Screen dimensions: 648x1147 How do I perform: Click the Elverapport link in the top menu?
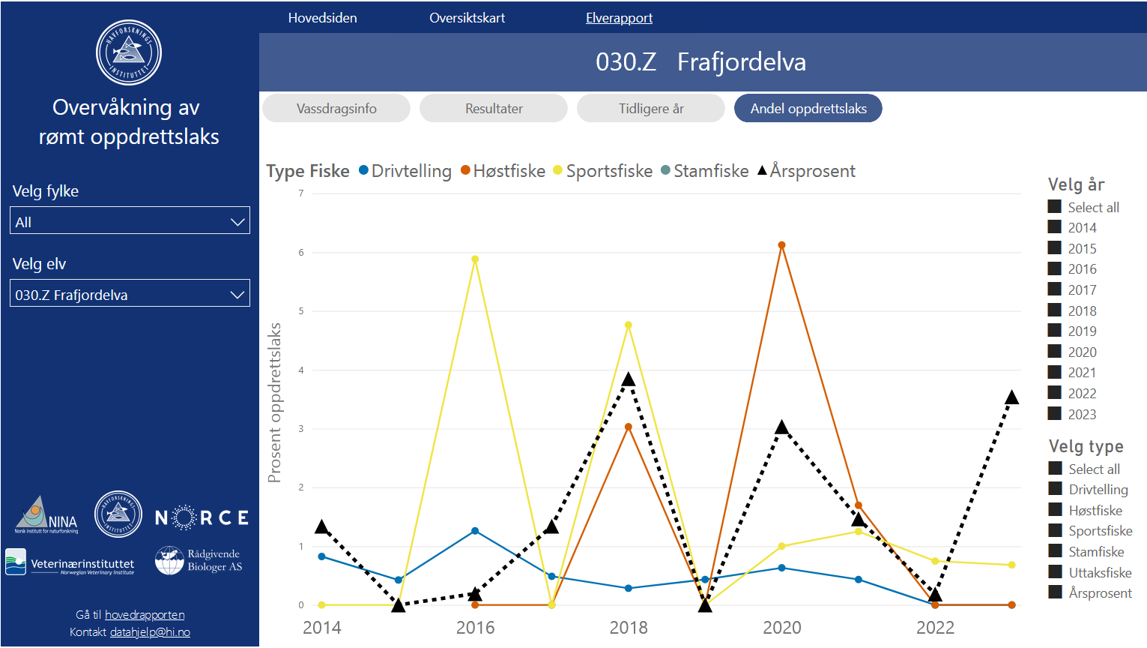(619, 18)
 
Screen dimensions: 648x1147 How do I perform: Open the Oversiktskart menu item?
(467, 18)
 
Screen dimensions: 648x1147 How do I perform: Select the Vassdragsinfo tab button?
(336, 109)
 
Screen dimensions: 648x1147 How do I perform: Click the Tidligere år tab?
(651, 109)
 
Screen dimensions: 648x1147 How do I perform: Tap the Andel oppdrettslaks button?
(808, 109)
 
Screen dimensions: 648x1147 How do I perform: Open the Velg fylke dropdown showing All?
(130, 222)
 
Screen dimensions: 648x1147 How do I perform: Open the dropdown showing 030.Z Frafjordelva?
(130, 295)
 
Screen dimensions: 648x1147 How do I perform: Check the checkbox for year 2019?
(1055, 331)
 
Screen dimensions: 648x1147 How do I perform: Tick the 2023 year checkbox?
(1055, 413)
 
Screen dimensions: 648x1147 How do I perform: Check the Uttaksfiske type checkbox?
(1056, 572)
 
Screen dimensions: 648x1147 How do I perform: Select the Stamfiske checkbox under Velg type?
(1056, 551)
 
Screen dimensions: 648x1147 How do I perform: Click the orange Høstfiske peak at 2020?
(781, 245)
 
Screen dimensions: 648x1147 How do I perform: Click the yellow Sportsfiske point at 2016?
(475, 259)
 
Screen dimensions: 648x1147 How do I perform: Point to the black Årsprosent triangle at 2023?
(1011, 397)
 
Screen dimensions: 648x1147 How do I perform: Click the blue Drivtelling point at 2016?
(475, 531)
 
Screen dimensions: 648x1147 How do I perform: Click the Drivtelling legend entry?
(405, 171)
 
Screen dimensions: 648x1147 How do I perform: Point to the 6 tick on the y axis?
(301, 253)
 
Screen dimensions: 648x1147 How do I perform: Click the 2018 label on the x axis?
(629, 628)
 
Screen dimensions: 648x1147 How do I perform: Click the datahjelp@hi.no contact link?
(150, 632)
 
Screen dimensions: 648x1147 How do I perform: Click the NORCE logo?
(202, 517)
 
